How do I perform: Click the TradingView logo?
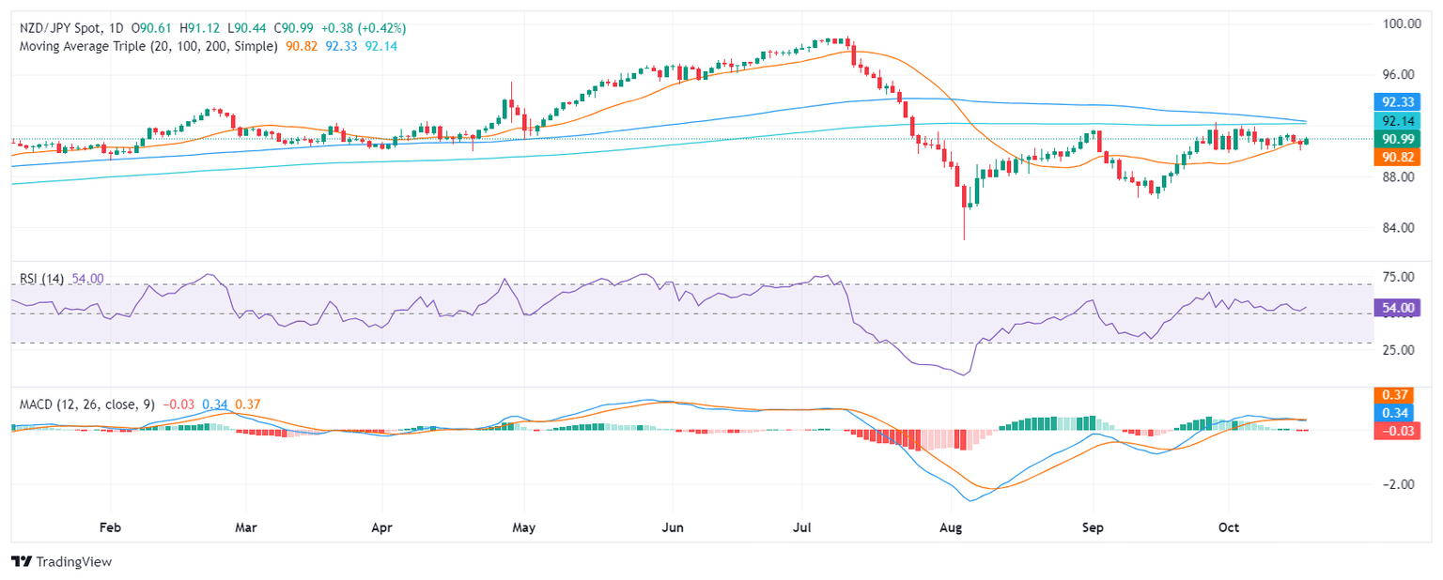61,561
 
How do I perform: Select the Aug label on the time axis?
953,527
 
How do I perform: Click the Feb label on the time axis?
111,527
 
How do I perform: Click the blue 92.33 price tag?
1400,101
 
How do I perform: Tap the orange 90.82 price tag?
1400,158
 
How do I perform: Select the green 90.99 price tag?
1400,139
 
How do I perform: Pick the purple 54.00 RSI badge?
1400,307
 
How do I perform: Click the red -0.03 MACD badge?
1400,431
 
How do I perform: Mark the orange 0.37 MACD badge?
1400,395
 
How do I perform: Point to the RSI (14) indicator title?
43,279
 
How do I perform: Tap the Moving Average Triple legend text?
146,45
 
